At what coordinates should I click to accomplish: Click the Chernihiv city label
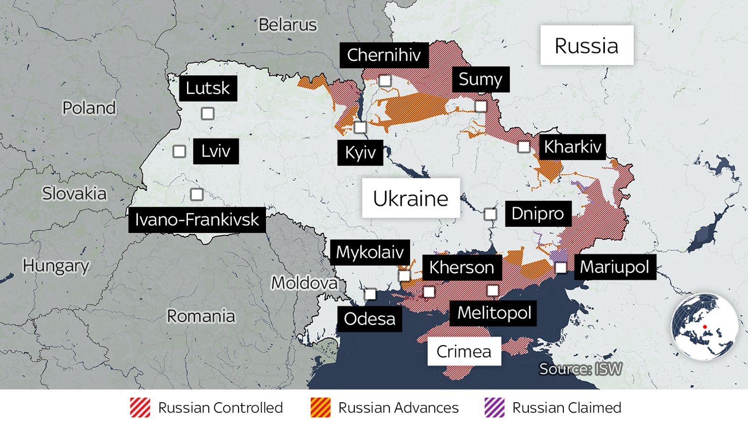click(x=384, y=55)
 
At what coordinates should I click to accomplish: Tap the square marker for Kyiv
click(x=360, y=127)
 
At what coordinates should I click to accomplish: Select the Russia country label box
click(x=587, y=45)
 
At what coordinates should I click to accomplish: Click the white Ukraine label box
click(x=410, y=198)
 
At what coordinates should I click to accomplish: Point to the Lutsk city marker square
click(x=208, y=114)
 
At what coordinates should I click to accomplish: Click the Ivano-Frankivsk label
click(x=197, y=219)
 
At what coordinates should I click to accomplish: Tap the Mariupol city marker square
click(x=561, y=268)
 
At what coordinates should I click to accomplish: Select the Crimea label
click(x=464, y=351)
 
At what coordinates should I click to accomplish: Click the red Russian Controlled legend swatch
click(x=140, y=407)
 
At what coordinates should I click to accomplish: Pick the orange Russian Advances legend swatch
click(x=321, y=407)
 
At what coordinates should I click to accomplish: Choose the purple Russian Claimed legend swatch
click(x=495, y=407)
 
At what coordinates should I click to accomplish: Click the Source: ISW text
click(x=580, y=369)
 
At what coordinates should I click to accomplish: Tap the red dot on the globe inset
click(x=705, y=327)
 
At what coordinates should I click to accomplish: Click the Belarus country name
click(x=288, y=25)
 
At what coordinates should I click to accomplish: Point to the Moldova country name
click(x=304, y=283)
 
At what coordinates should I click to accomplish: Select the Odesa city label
click(x=369, y=319)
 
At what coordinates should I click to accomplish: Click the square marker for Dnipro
click(x=490, y=214)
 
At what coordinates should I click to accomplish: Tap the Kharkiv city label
click(x=572, y=147)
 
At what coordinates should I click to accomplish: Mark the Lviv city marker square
click(x=179, y=151)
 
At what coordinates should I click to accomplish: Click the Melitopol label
click(x=494, y=312)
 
